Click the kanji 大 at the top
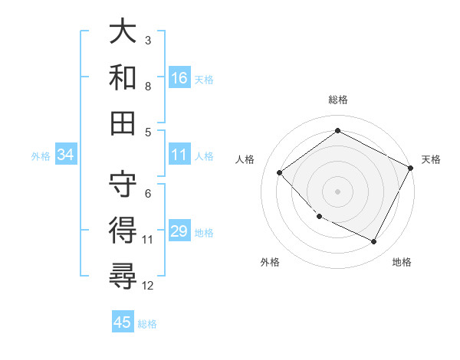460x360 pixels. pos(123,32)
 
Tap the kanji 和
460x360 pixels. pos(123,77)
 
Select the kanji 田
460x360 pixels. pos(123,122)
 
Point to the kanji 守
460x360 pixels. pos(123,182)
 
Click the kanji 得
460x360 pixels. pos(123,228)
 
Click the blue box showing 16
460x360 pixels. pos(179,77)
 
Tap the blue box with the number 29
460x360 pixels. pos(179,232)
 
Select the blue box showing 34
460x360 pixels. pos(66,155)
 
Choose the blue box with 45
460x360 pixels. pos(123,322)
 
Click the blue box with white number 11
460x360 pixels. pos(179,155)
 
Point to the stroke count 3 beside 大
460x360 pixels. pos(148,40)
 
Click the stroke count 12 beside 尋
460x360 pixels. pos(148,286)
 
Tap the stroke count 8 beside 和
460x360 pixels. pos(148,86)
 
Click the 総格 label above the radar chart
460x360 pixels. pos(338,100)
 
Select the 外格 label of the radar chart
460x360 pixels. pos(270,262)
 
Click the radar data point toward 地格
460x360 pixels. pos(374,242)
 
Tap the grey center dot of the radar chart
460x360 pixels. pos(338,191)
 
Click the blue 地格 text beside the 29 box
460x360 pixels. pos(205,233)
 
